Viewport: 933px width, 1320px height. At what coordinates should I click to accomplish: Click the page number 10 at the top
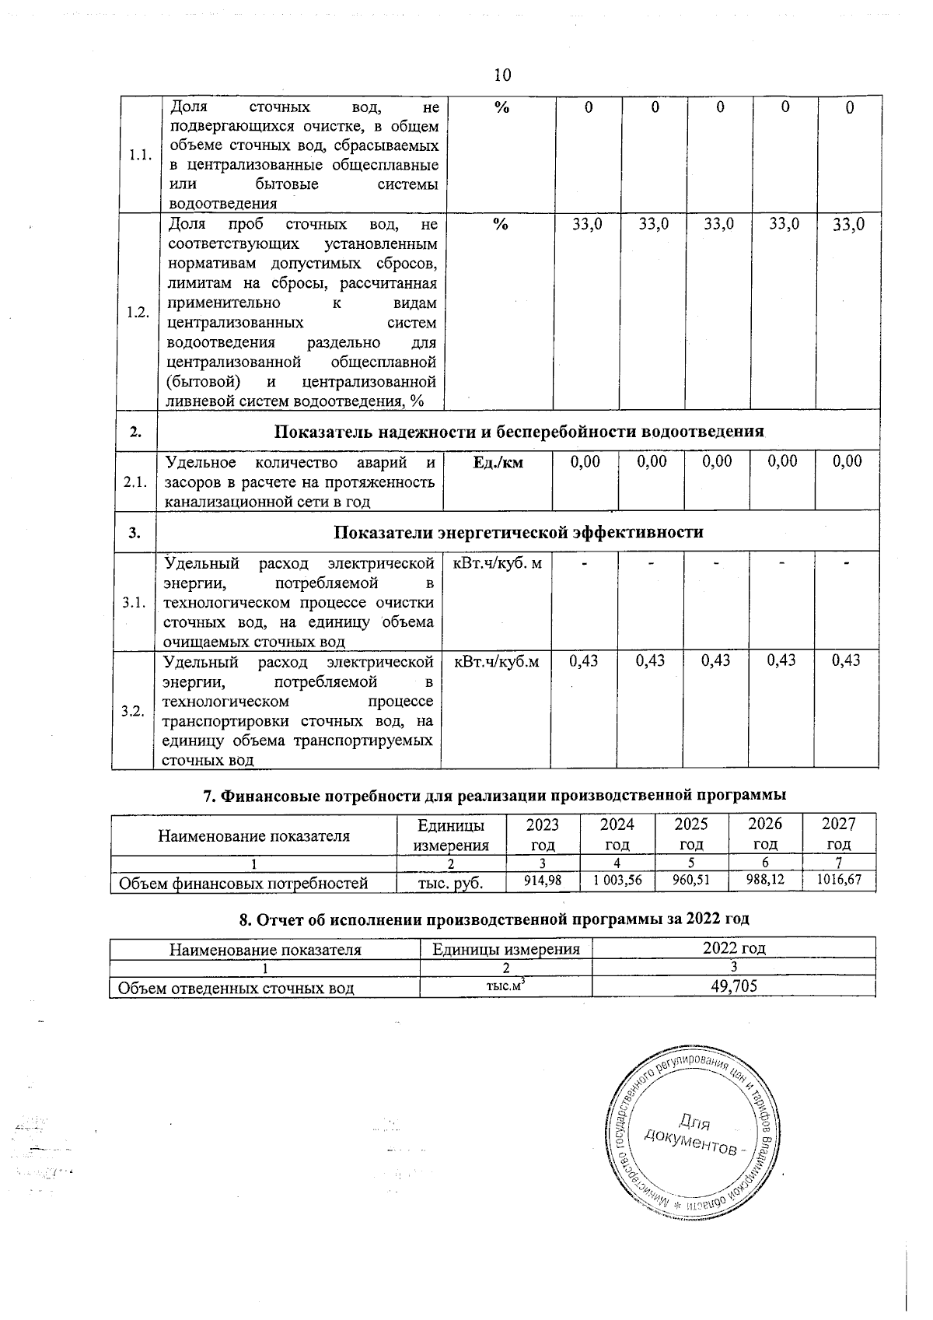502,75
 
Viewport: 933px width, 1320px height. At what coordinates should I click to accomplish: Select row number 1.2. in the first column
138,312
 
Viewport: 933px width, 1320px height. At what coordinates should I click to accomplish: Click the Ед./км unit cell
498,463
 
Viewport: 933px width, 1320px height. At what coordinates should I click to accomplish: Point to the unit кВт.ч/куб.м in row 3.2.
496,661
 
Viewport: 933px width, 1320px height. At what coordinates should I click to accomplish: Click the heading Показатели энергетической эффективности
518,533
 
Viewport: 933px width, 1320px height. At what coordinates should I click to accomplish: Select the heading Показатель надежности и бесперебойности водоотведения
519,432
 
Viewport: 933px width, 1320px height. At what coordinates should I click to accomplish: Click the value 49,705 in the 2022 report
733,987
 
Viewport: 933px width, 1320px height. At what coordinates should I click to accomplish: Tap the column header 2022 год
733,948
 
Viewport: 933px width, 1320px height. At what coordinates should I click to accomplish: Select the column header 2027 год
838,833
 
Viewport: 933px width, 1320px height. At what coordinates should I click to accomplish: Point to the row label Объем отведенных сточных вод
236,988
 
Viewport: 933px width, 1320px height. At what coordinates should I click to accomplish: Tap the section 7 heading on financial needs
494,795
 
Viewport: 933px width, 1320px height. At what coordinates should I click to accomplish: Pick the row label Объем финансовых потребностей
242,883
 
